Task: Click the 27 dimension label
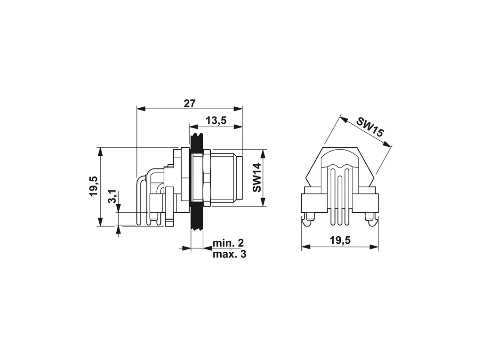pyautogui.click(x=190, y=104)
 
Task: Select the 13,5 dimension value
pyautogui.click(x=216, y=120)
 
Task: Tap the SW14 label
pyautogui.click(x=257, y=177)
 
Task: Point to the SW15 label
pyautogui.click(x=369, y=127)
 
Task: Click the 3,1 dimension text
pyautogui.click(x=112, y=196)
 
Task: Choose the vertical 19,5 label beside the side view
pyautogui.click(x=94, y=186)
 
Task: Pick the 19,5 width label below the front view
pyautogui.click(x=340, y=240)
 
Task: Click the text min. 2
pyautogui.click(x=228, y=243)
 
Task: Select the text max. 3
pyautogui.click(x=229, y=254)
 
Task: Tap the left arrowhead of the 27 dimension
pyautogui.click(x=141, y=109)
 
